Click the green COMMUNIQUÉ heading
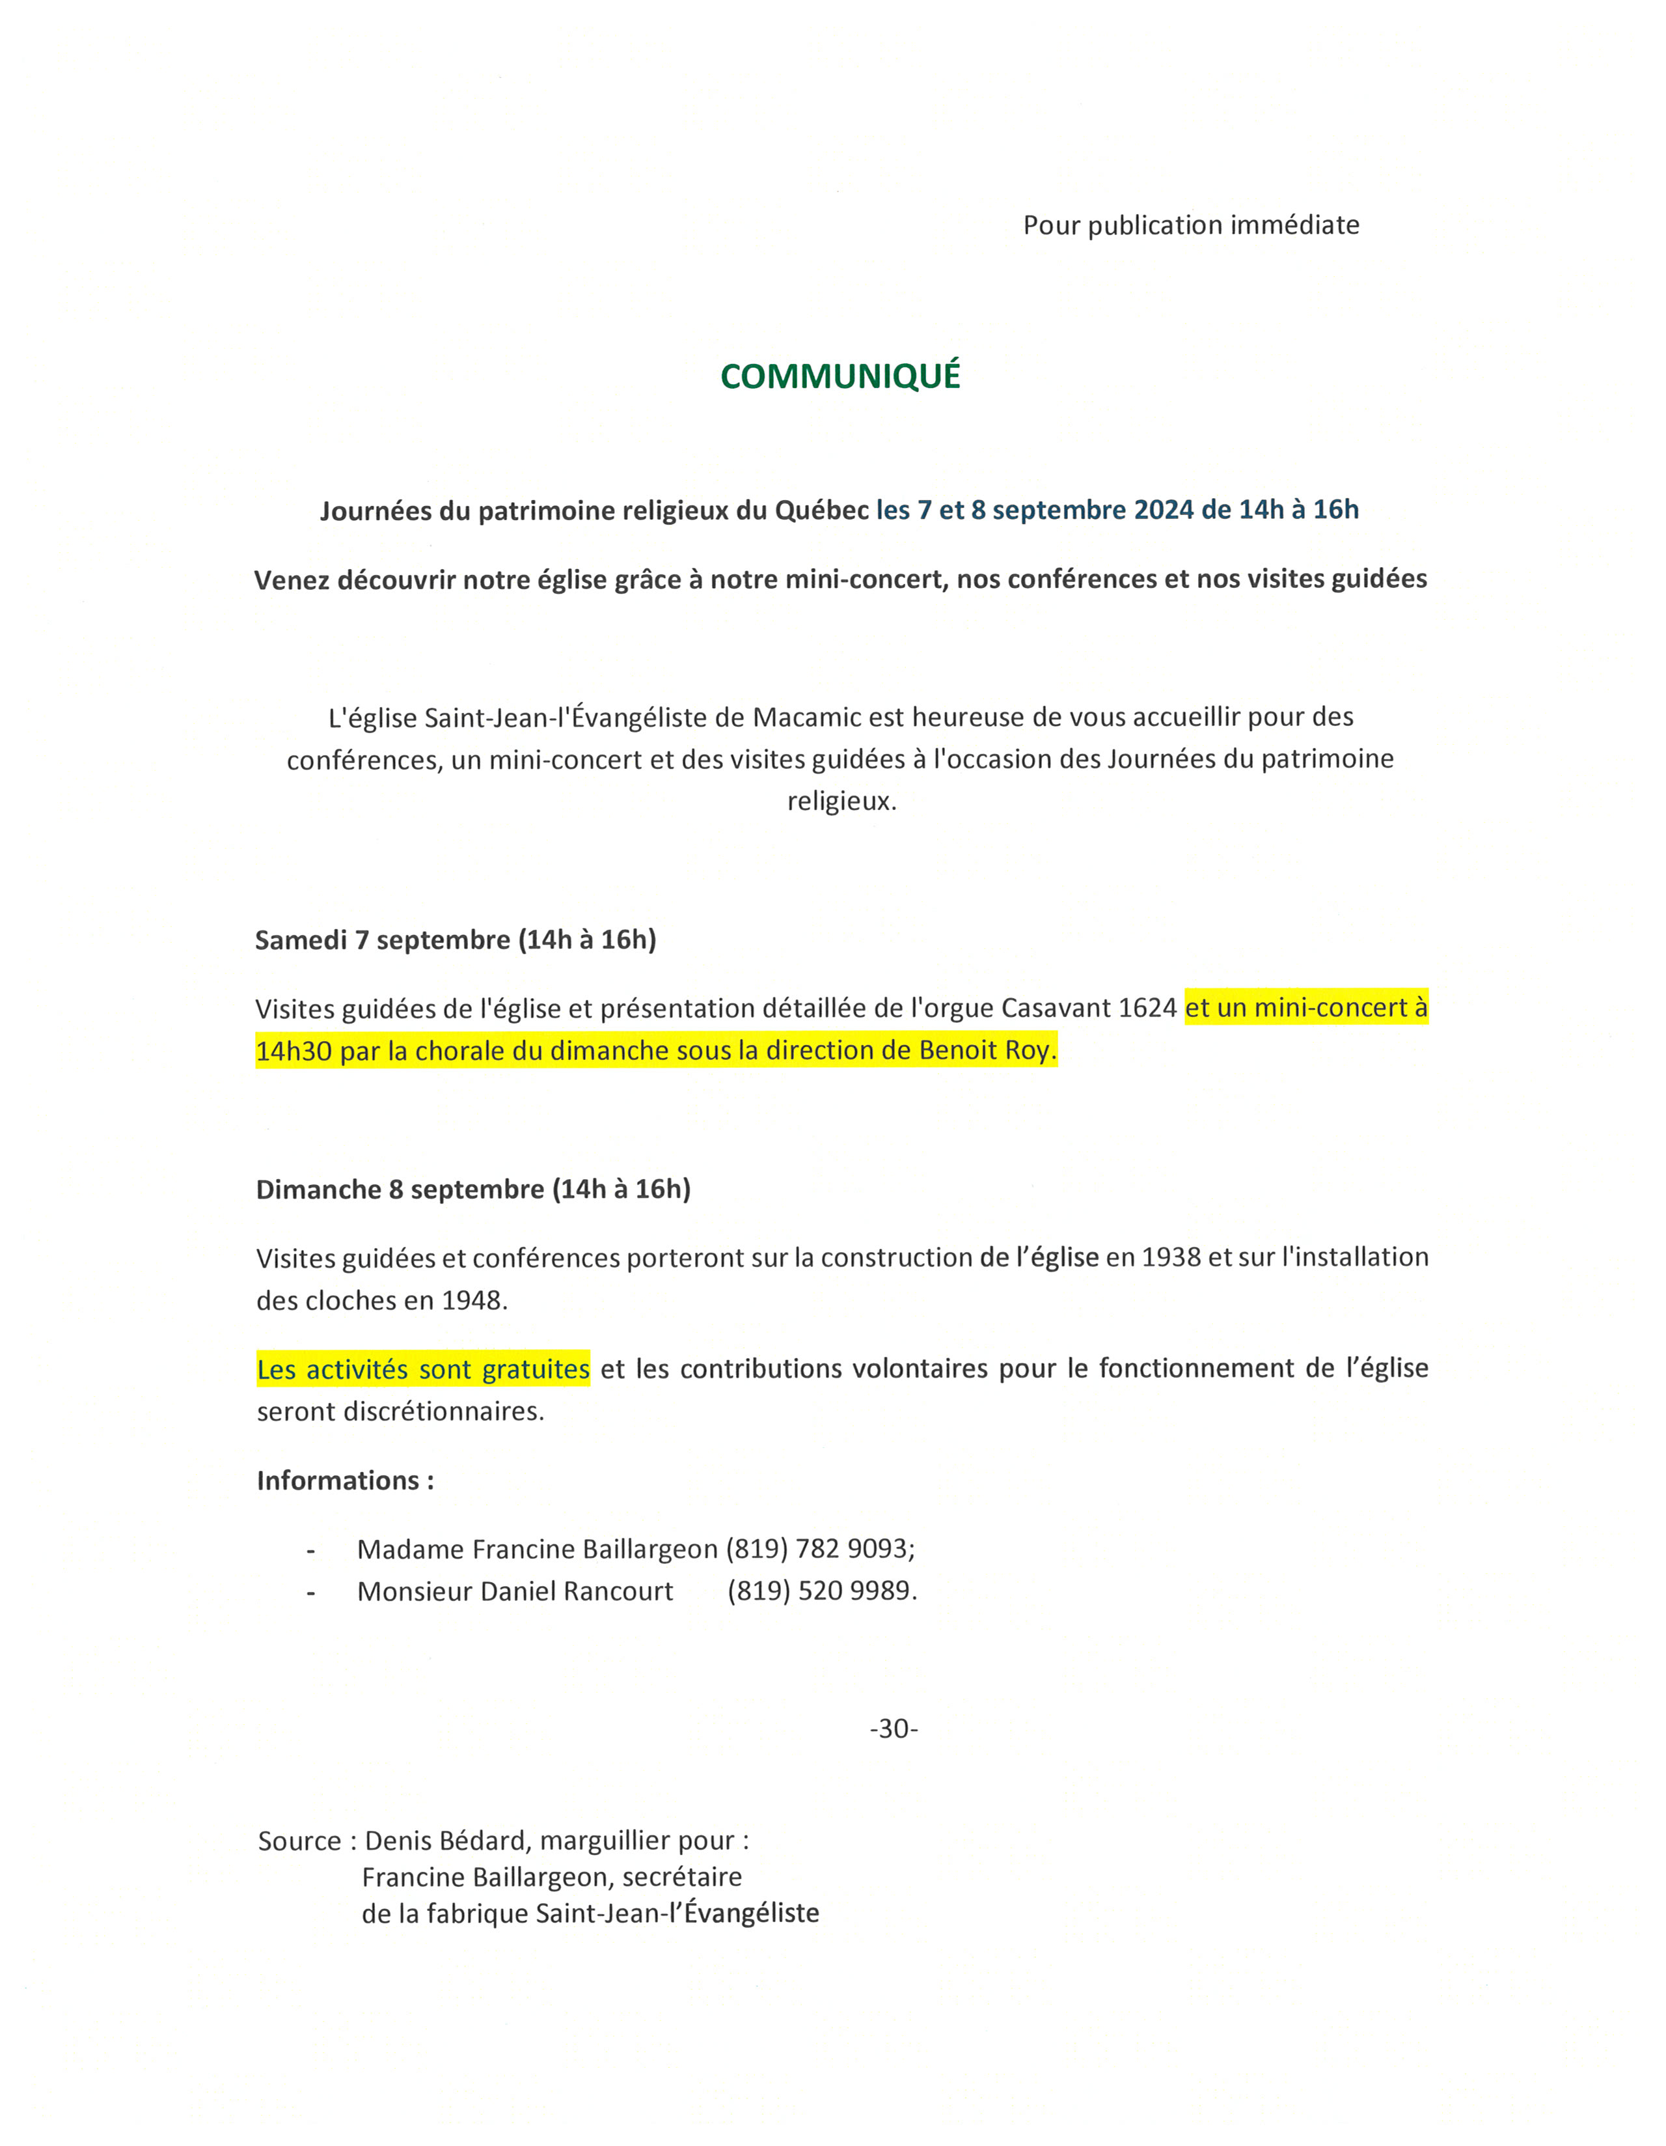coord(840,376)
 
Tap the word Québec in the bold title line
coord(821,510)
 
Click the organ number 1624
coord(1147,1008)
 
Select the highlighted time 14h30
coord(293,1052)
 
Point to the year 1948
coord(474,1301)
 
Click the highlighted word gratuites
coord(536,1369)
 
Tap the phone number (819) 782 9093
coord(819,1550)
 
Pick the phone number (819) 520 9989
coord(821,1592)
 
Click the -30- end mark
coord(893,1729)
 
